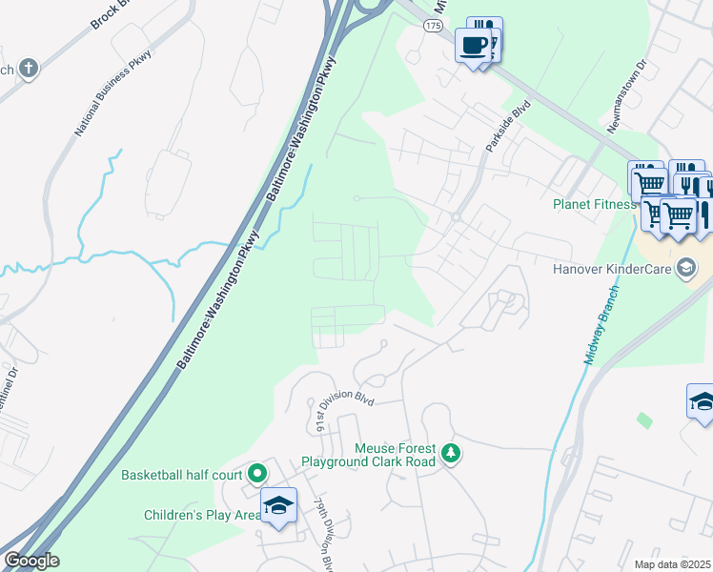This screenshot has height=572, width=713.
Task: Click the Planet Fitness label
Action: (594, 204)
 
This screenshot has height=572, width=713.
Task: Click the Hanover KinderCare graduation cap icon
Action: (685, 268)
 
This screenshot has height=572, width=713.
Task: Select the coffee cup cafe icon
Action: (473, 44)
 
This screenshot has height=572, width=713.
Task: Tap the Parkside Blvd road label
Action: (506, 129)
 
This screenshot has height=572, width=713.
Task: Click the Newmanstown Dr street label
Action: (625, 96)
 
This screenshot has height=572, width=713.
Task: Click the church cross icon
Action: (29, 68)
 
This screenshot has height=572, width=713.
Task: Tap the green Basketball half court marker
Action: (256, 473)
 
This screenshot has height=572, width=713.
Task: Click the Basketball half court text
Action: (182, 474)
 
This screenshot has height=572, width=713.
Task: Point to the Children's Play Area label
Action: (202, 515)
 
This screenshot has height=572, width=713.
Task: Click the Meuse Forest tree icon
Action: (451, 454)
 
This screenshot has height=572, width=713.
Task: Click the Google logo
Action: (31, 560)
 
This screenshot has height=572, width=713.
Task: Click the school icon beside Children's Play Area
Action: (279, 505)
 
